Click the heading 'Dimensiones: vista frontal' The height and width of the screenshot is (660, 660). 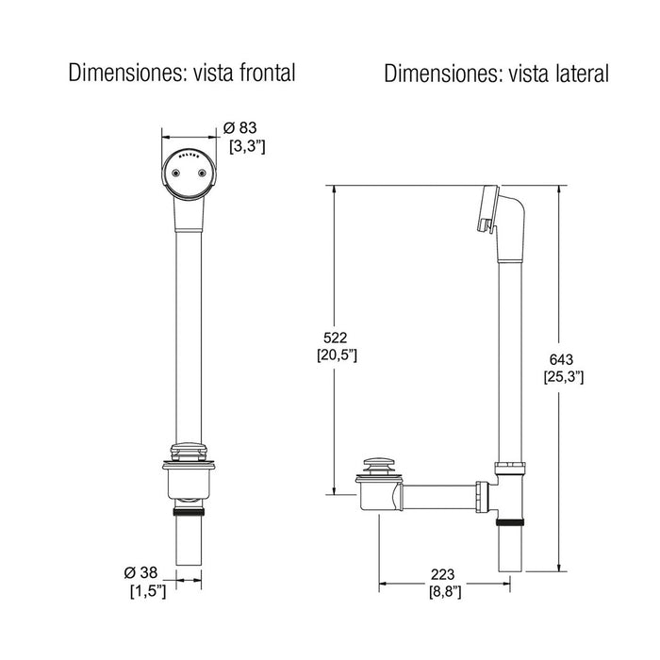coord(182,74)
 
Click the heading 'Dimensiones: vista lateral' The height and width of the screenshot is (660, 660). coord(496,74)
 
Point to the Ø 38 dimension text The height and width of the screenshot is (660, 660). coord(142,573)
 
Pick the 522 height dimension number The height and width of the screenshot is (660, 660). coord(335,337)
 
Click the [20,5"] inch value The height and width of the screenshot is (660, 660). coord(336,355)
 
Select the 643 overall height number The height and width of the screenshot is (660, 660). coord(562,358)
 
